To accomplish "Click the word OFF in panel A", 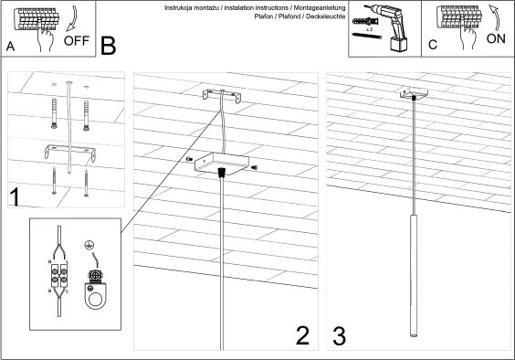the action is pos(77,41).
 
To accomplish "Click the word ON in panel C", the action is pos(496,38).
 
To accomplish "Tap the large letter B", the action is pos(109,46).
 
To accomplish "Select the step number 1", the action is pos(15,197).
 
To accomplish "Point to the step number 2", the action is pos(302,335).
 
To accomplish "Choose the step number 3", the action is pos(340,336).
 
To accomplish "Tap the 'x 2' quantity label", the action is pos(370,29).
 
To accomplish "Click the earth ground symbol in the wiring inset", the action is pos(88,244).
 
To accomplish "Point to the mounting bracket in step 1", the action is pos(70,153).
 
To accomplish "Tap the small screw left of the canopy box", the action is pos(189,159).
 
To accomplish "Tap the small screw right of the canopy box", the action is pos(254,168).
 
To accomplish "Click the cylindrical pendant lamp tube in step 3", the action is pos(414,276).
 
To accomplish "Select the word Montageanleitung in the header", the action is pos(320,7).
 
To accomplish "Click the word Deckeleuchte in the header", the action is pos(325,16).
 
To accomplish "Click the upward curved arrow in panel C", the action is pos(496,17).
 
